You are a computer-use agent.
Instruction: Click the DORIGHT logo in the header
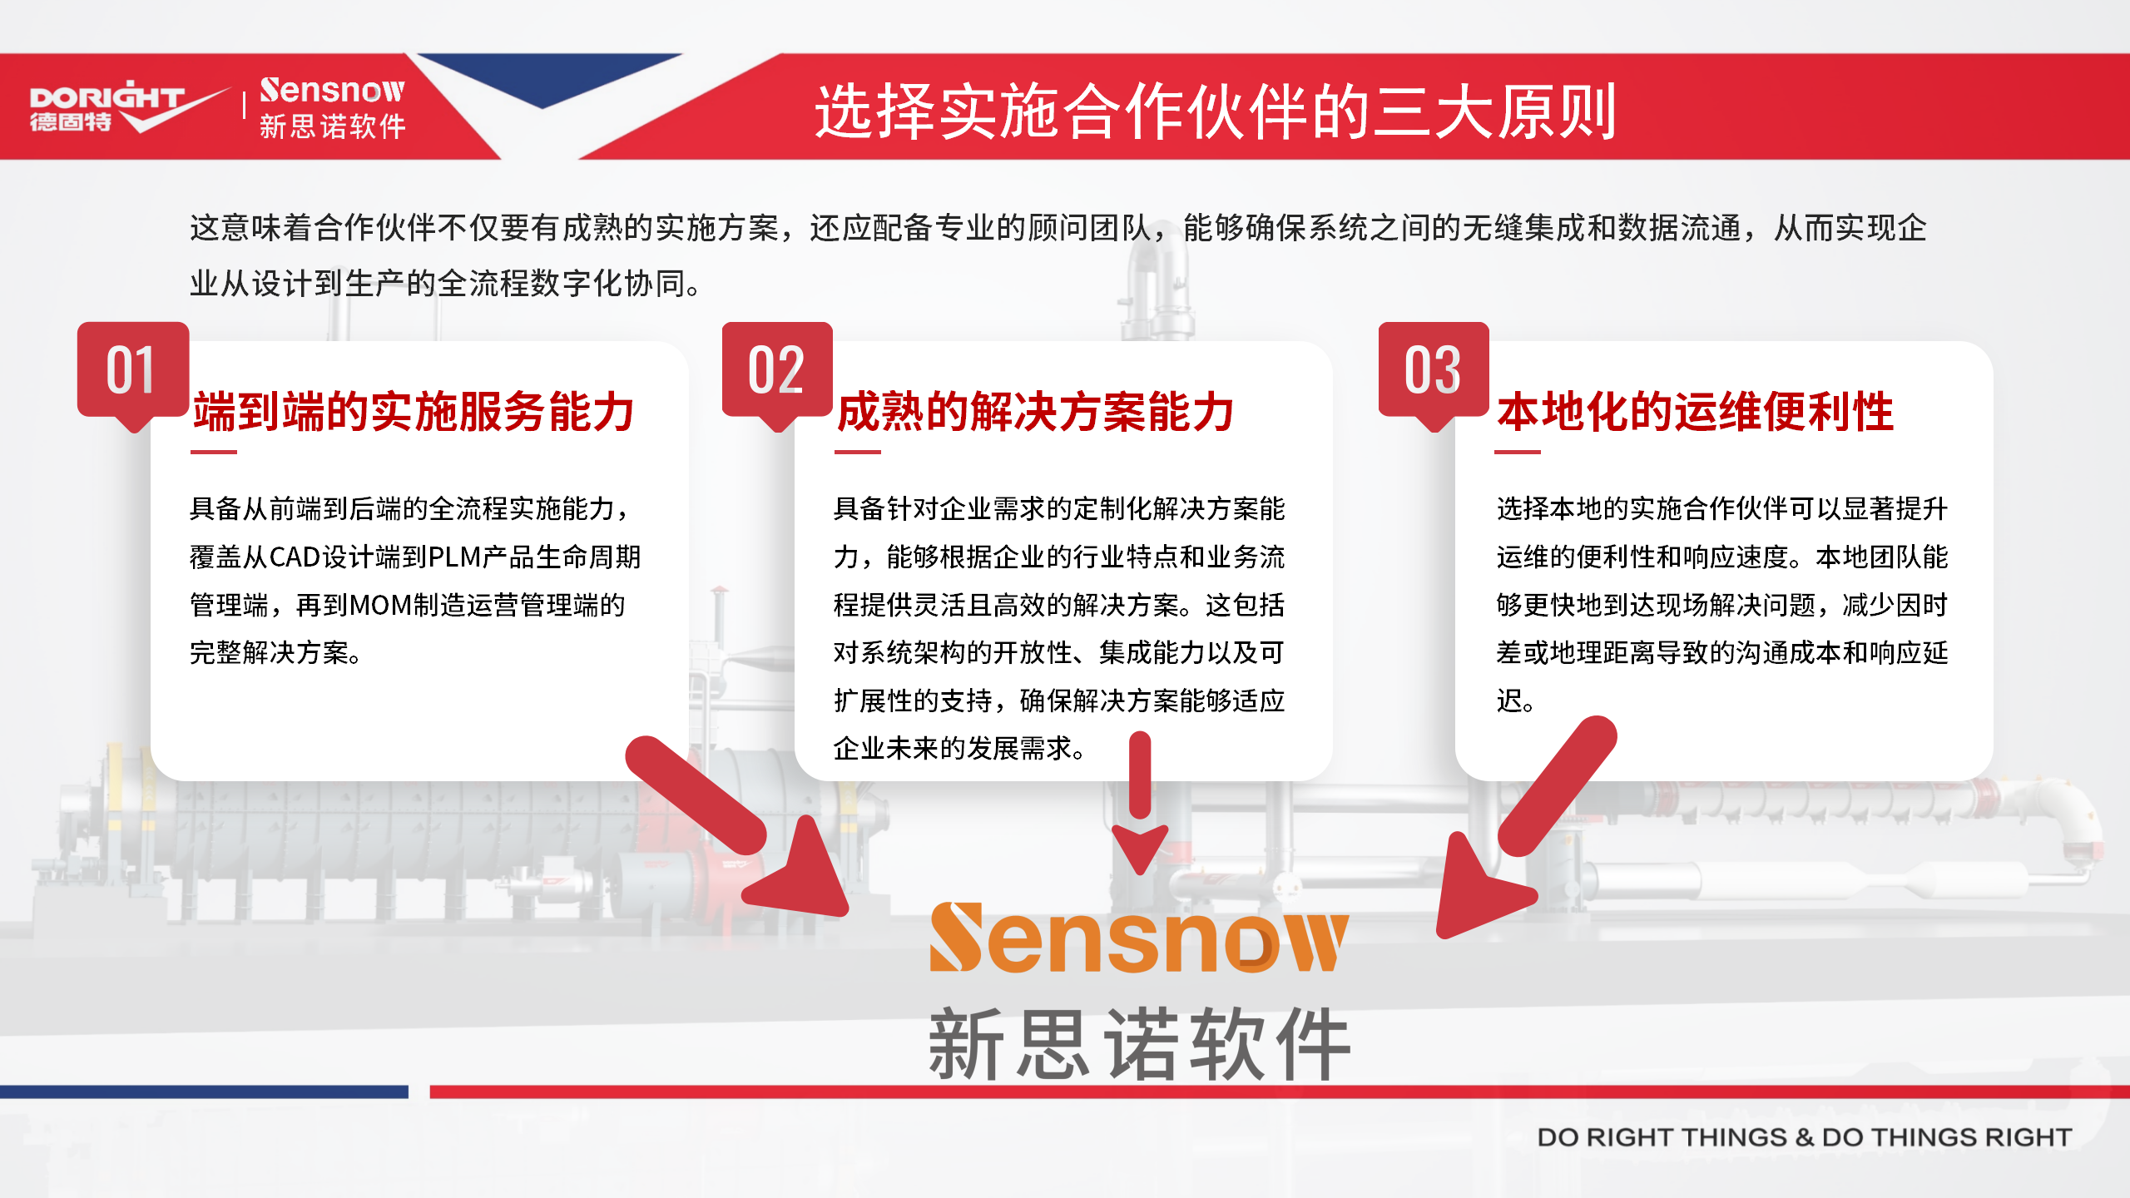tap(125, 106)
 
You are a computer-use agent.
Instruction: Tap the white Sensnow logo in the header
tap(332, 107)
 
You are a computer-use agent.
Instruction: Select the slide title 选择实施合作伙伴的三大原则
tap(1215, 111)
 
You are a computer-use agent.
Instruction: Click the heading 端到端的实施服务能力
tap(414, 412)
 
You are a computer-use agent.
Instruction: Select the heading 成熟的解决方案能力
tap(1035, 412)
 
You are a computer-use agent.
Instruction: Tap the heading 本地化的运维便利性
tap(1696, 412)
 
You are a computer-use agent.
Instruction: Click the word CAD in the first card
tap(295, 557)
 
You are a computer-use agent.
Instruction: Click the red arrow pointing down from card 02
tap(1140, 803)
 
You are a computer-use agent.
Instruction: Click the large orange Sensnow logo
tap(1138, 938)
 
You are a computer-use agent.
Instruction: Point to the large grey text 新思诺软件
tap(1139, 1043)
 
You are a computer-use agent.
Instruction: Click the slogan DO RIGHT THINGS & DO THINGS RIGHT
tap(1804, 1137)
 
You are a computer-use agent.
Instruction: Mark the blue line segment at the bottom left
tap(204, 1092)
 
